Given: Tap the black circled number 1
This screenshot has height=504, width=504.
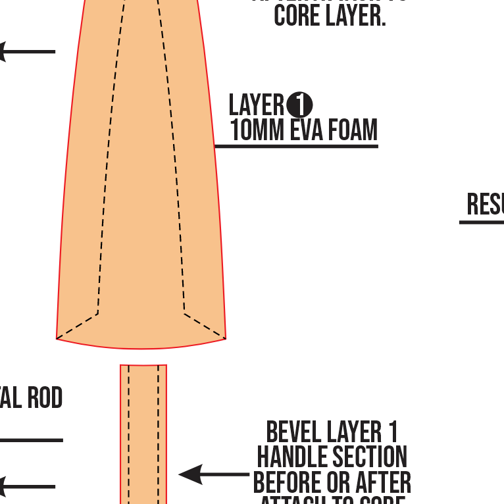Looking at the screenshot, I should (299, 105).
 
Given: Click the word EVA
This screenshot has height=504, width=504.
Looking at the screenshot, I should (307, 130).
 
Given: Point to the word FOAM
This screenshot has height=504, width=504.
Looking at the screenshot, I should (353, 130).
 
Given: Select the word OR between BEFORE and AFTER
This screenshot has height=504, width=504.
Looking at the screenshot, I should (340, 482).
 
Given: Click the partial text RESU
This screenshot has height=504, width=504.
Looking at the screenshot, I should (486, 205).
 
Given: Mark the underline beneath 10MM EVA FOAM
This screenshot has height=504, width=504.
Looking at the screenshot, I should (296, 145).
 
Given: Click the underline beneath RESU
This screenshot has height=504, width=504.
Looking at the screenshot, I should (482, 222).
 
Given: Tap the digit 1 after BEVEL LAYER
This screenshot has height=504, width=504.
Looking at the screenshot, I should (392, 433).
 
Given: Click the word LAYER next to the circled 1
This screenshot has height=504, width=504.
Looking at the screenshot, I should (257, 105).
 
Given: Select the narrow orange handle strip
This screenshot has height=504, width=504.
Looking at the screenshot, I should (143, 434).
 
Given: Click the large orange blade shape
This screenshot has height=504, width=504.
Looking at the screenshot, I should (141, 197).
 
